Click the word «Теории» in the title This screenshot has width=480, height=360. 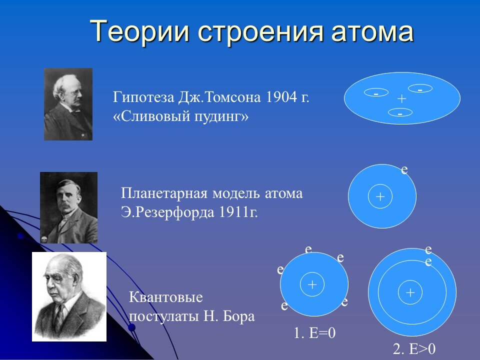click(x=140, y=31)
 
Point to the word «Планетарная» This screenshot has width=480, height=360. click(x=164, y=193)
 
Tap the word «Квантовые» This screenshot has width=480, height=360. click(x=165, y=297)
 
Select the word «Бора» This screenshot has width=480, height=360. click(x=239, y=316)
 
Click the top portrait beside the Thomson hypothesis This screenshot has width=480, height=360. click(x=68, y=104)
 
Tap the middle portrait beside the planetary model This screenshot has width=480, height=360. click(x=69, y=208)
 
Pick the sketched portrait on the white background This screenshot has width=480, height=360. click(x=69, y=296)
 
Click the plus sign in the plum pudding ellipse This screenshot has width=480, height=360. click(x=401, y=98)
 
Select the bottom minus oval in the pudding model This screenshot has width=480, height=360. click(x=400, y=112)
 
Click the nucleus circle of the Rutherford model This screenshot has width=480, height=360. click(x=380, y=196)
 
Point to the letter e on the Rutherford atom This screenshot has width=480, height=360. click(x=404, y=169)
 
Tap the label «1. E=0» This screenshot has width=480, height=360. click(x=314, y=333)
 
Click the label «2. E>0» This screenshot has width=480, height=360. click(x=414, y=348)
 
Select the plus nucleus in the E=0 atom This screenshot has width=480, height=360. click(x=312, y=284)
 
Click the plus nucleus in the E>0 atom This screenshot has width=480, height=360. click(x=410, y=292)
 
